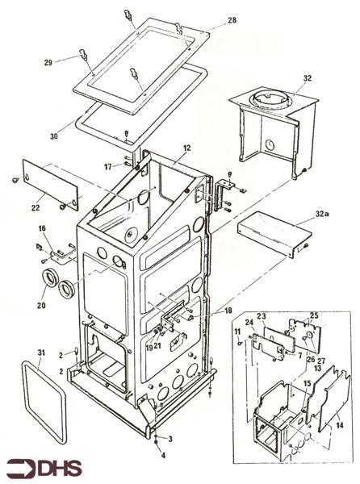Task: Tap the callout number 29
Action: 48,61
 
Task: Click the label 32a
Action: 323,215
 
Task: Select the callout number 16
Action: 42,229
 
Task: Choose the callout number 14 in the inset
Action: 337,423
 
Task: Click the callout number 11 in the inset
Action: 239,332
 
